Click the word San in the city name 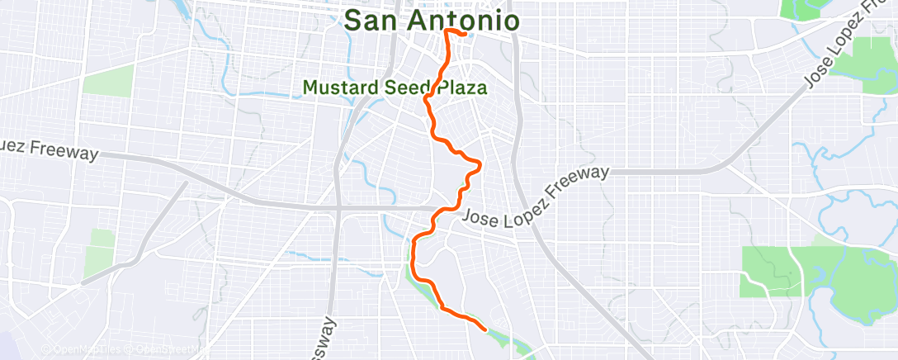click(371, 20)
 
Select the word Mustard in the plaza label click(338, 87)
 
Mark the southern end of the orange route click(484, 329)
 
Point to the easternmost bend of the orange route click(480, 163)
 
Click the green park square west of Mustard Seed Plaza click(108, 81)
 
